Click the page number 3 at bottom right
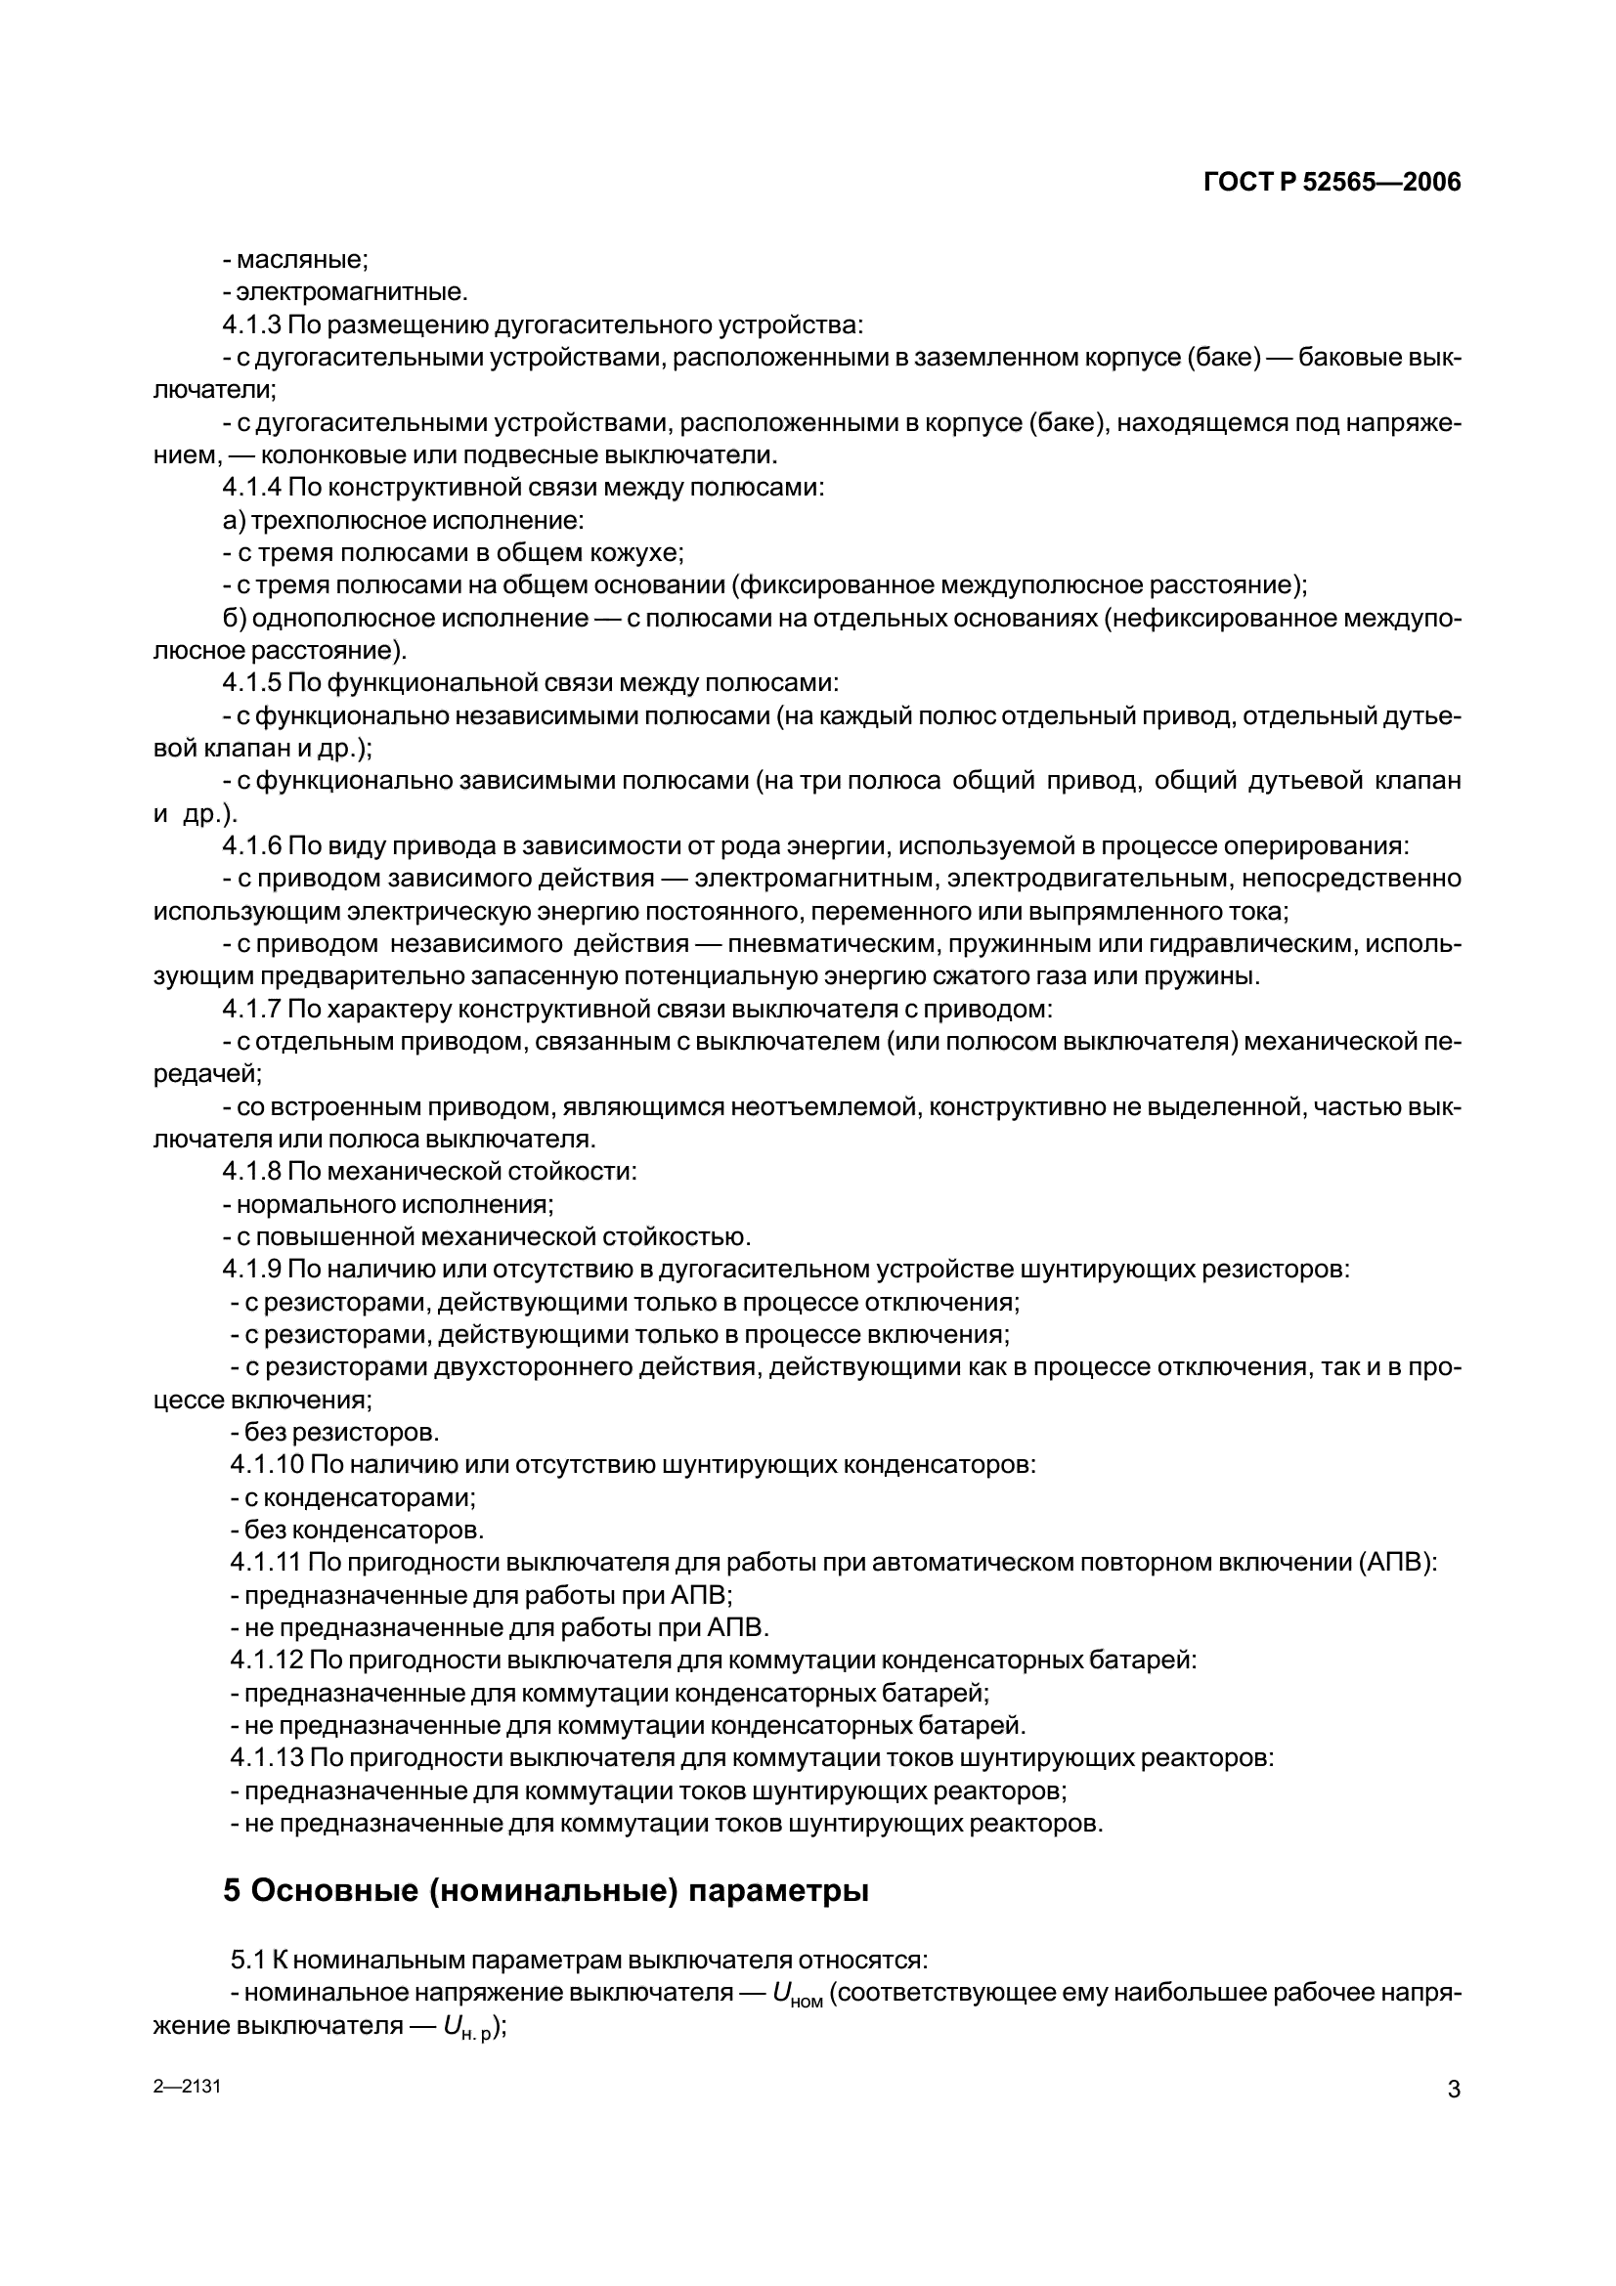tap(1453, 2090)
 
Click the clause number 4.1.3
tap(252, 325)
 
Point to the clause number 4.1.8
tap(252, 1172)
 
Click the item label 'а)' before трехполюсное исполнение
tap(234, 521)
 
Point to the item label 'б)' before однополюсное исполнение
tap(235, 619)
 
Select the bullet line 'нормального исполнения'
tap(388, 1205)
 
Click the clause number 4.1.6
tap(252, 846)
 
